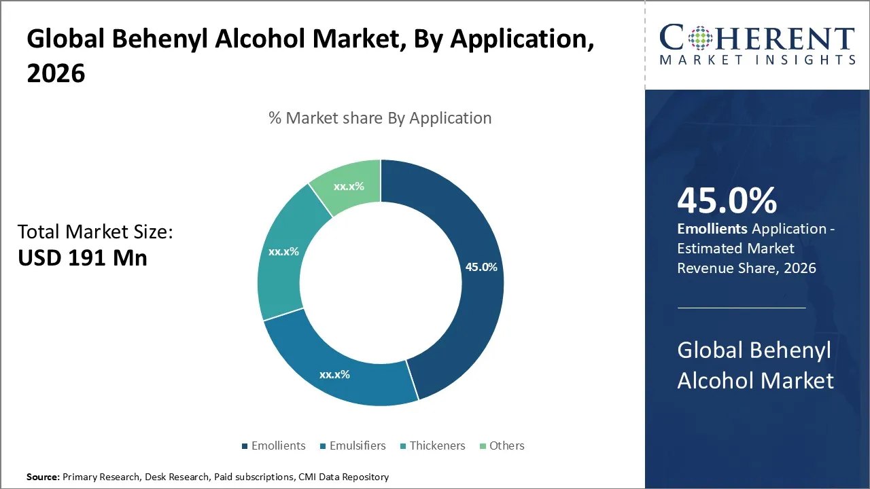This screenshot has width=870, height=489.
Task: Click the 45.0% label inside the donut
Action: [481, 268]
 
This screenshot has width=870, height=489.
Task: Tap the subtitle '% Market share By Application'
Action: [380, 118]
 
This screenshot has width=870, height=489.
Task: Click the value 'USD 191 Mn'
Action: [82, 258]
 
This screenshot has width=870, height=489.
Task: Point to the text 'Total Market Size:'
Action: [96, 232]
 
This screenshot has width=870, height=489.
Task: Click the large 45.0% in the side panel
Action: [727, 201]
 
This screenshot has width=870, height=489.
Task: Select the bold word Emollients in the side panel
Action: [712, 229]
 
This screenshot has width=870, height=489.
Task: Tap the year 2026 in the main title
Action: [56, 73]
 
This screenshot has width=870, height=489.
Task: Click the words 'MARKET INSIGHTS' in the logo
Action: [757, 60]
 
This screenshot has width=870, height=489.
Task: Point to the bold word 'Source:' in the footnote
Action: [43, 477]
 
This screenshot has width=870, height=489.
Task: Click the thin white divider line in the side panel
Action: [742, 308]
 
